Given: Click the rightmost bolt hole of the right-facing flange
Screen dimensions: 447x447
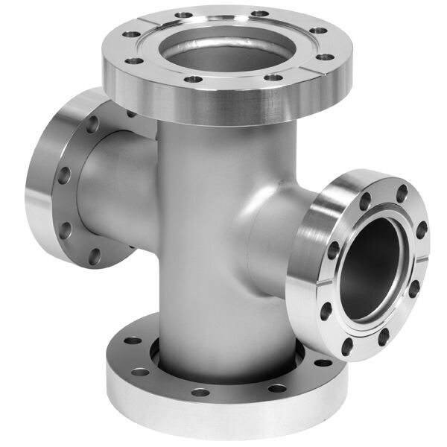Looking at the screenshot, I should click(422, 231).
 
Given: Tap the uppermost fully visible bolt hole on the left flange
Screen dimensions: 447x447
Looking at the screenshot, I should click(92, 124).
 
